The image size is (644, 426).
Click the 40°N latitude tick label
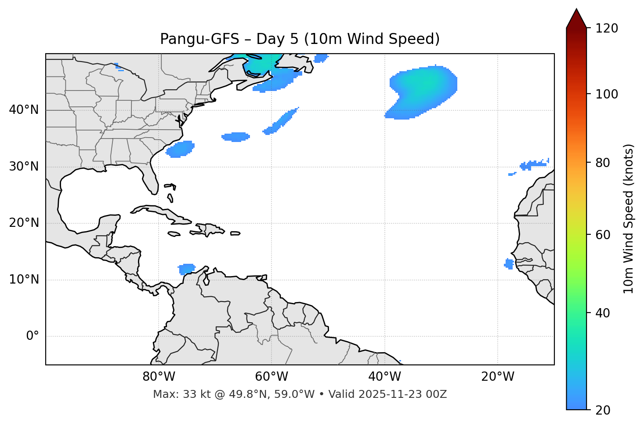24,110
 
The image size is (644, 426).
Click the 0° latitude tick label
32,336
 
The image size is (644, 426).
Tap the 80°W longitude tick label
159,377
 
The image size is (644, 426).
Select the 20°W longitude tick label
498,377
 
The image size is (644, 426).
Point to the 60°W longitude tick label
271,377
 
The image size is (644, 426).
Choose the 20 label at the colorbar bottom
603,410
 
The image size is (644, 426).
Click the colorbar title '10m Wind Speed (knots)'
629,218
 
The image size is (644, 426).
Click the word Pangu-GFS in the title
200,39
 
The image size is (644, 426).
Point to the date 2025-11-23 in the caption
394,394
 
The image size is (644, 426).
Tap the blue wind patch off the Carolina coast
180,149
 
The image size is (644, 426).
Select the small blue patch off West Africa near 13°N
509,264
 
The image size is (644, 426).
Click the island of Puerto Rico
235,233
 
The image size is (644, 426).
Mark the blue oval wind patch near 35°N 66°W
236,137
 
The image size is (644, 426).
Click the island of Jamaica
174,234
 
